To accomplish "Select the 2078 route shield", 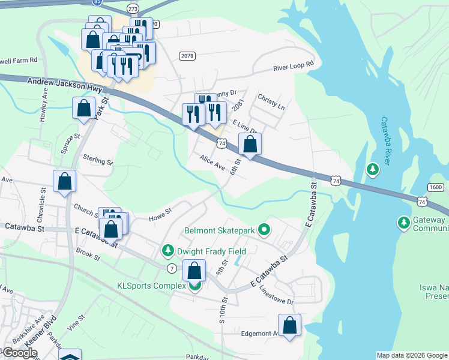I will (187, 56).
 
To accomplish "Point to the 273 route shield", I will (133, 10).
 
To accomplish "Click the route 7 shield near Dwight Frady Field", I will (172, 267).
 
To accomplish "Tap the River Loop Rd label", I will (294, 66).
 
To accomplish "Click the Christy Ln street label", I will (271, 101).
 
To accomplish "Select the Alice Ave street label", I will (212, 162).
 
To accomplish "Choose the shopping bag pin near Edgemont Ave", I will (290, 326).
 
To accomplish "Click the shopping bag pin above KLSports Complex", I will (194, 271).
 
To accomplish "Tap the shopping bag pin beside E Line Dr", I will (250, 145).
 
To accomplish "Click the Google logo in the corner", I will (20, 353).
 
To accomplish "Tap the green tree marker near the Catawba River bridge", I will (373, 170).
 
